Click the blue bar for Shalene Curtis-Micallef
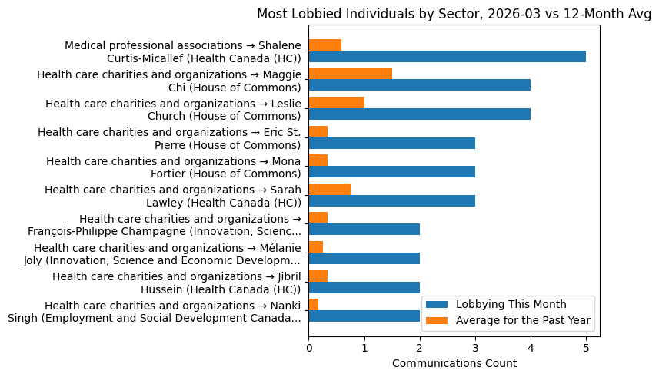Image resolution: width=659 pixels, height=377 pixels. [447, 57]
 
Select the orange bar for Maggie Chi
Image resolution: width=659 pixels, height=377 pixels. [350, 74]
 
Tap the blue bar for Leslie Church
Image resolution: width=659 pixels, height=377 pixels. [419, 114]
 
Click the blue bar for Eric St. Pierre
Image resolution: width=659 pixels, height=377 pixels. [391, 144]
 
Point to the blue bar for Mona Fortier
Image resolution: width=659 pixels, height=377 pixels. [391, 172]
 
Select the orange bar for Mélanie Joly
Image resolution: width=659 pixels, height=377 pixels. [315, 247]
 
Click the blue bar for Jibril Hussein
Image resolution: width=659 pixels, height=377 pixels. [364, 288]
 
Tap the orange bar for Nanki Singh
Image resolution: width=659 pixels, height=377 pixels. [313, 305]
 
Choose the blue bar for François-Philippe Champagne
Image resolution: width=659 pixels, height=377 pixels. [364, 230]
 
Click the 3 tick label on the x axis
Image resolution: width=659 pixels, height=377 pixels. [475, 347]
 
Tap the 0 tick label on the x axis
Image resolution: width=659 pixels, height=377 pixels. [308, 347]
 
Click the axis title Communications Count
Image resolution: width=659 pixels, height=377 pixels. [454, 363]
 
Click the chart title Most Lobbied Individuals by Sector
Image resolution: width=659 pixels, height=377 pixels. [454, 14]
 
